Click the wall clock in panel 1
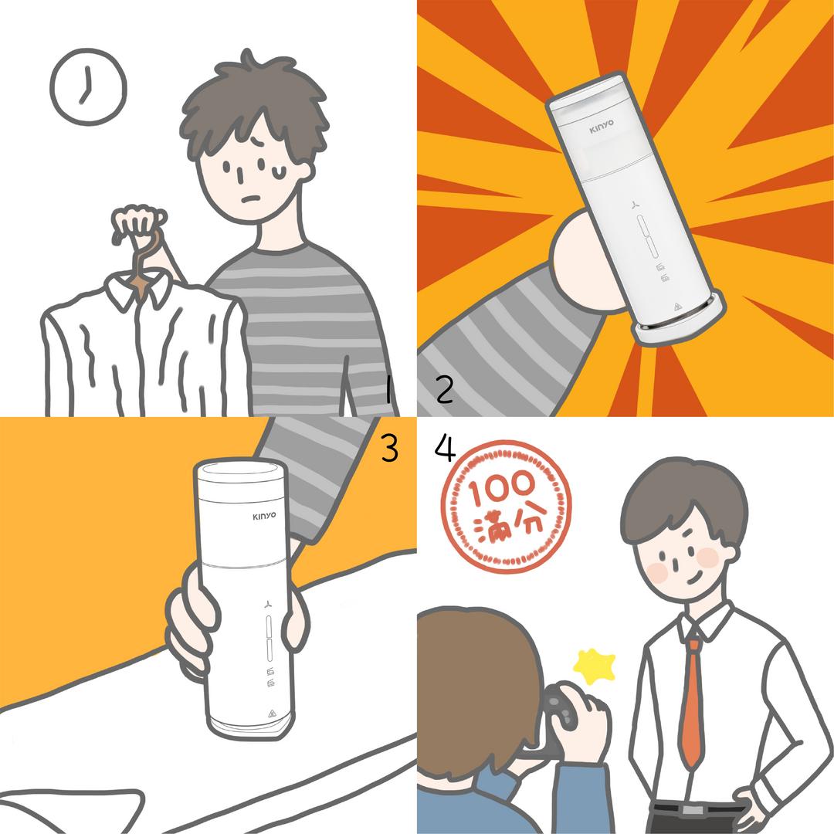pos(88,86)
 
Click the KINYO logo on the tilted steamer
pos(601,127)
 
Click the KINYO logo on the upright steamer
pos(264,516)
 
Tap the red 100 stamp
pos(506,507)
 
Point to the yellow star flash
pos(594,666)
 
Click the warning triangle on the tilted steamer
pos(677,307)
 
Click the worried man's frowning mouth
pos(251,199)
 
